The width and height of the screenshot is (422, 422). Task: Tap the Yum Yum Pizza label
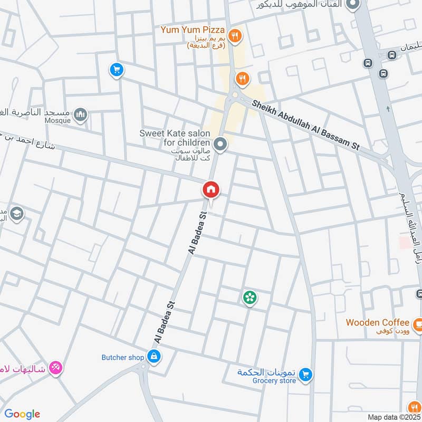point(193,30)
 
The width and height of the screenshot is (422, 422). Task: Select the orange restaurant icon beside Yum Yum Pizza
point(236,36)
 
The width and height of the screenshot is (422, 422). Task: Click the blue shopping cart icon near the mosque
point(116,69)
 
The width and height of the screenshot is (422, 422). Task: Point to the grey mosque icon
point(80,114)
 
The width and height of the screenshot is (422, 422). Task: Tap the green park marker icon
point(250,298)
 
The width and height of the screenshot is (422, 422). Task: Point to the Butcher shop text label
point(122,358)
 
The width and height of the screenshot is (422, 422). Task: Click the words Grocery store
point(274,381)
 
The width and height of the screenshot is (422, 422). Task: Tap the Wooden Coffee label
point(377,322)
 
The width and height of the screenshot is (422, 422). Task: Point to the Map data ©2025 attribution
point(393,417)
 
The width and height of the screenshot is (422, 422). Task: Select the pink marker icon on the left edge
point(55,368)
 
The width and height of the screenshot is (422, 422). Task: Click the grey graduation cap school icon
point(16,213)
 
